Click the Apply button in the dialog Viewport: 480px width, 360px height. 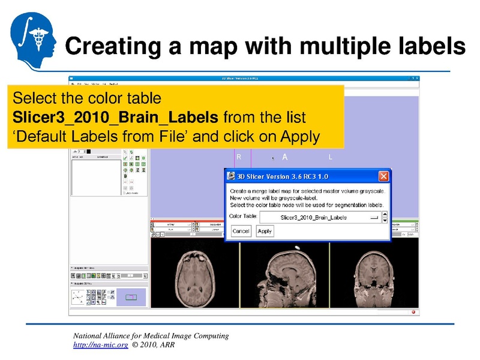point(265,231)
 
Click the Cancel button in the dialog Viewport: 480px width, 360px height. point(241,231)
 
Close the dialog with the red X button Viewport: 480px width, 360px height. point(384,176)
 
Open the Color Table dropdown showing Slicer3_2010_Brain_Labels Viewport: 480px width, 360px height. point(323,217)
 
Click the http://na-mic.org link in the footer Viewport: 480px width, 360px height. point(100,346)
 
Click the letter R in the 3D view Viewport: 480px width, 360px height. point(239,157)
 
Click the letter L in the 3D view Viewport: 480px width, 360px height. point(331,157)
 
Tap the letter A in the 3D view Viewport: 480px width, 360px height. point(285,157)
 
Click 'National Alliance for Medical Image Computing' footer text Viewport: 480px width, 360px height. point(151,336)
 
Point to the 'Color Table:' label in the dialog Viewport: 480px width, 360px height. point(243,215)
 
